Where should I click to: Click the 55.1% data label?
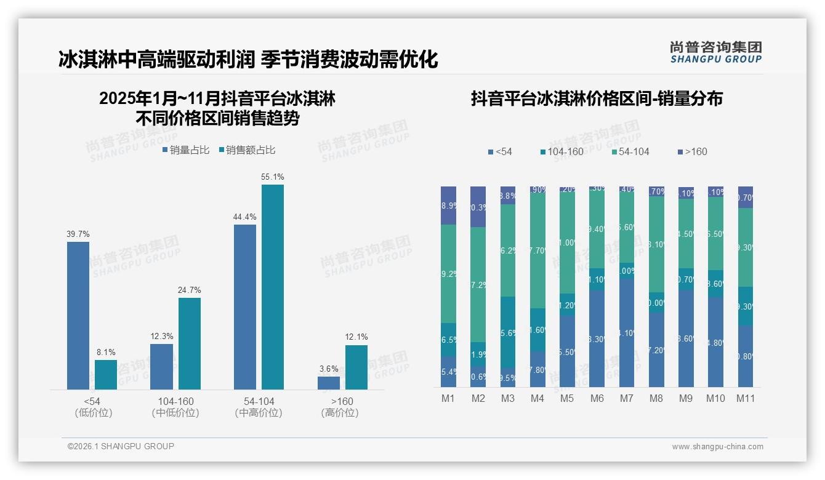(273, 177)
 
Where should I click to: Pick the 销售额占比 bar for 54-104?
(273, 287)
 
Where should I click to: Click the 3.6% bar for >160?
(329, 383)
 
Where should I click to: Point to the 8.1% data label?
(106, 353)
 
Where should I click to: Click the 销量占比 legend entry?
(185, 150)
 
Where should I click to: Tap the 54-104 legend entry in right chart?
(629, 152)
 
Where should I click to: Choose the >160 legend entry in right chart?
(691, 152)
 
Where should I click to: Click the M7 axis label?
(626, 399)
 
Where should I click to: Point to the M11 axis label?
(745, 399)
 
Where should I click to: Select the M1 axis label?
(448, 399)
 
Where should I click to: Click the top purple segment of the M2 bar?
(478, 207)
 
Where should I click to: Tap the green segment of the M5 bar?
(567, 243)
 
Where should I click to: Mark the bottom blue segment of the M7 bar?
(626, 332)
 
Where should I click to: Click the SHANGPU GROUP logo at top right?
(715, 52)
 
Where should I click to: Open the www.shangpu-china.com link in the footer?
(717, 447)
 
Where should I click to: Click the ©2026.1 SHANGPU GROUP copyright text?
(121, 446)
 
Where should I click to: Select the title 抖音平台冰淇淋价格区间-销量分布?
(596, 99)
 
